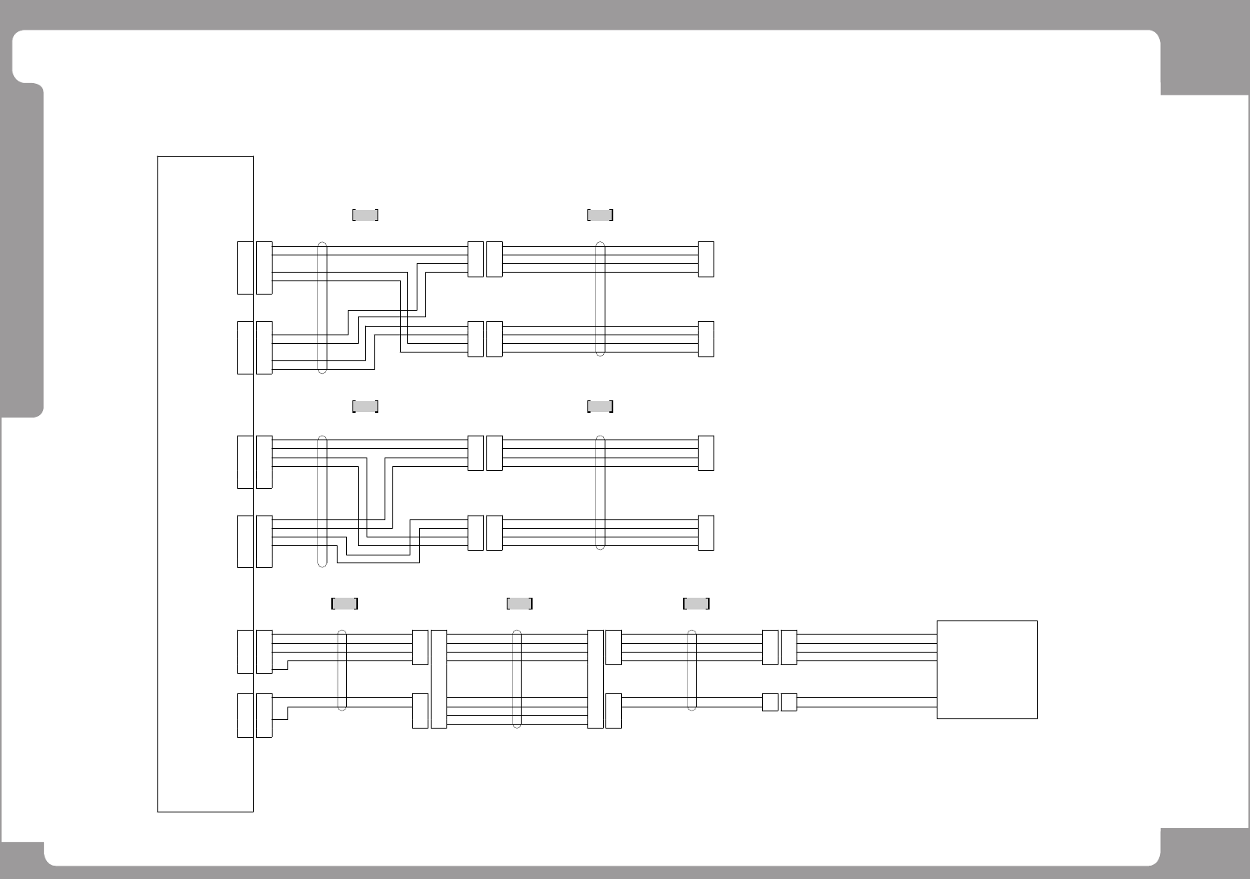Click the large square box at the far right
(x=987, y=669)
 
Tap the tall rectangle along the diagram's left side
(x=205, y=483)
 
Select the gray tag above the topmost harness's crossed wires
(x=366, y=215)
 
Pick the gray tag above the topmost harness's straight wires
(x=600, y=215)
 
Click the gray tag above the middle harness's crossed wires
(x=366, y=406)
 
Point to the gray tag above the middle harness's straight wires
(x=600, y=406)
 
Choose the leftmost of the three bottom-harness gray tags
(x=345, y=603)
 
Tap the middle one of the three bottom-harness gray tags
(x=519, y=603)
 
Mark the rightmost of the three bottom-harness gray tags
(x=696, y=603)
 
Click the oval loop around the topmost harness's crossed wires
(x=322, y=307)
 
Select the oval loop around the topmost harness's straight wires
(x=601, y=298)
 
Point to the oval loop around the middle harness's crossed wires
(x=322, y=501)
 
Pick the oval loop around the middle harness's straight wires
(x=601, y=493)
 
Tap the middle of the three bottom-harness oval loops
(x=517, y=678)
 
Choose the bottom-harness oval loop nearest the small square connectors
(x=692, y=670)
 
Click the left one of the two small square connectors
(x=770, y=702)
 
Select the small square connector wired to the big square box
(x=789, y=702)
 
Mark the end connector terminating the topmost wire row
(x=706, y=259)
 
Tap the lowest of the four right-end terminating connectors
(x=706, y=533)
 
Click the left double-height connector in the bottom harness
(x=439, y=678)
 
